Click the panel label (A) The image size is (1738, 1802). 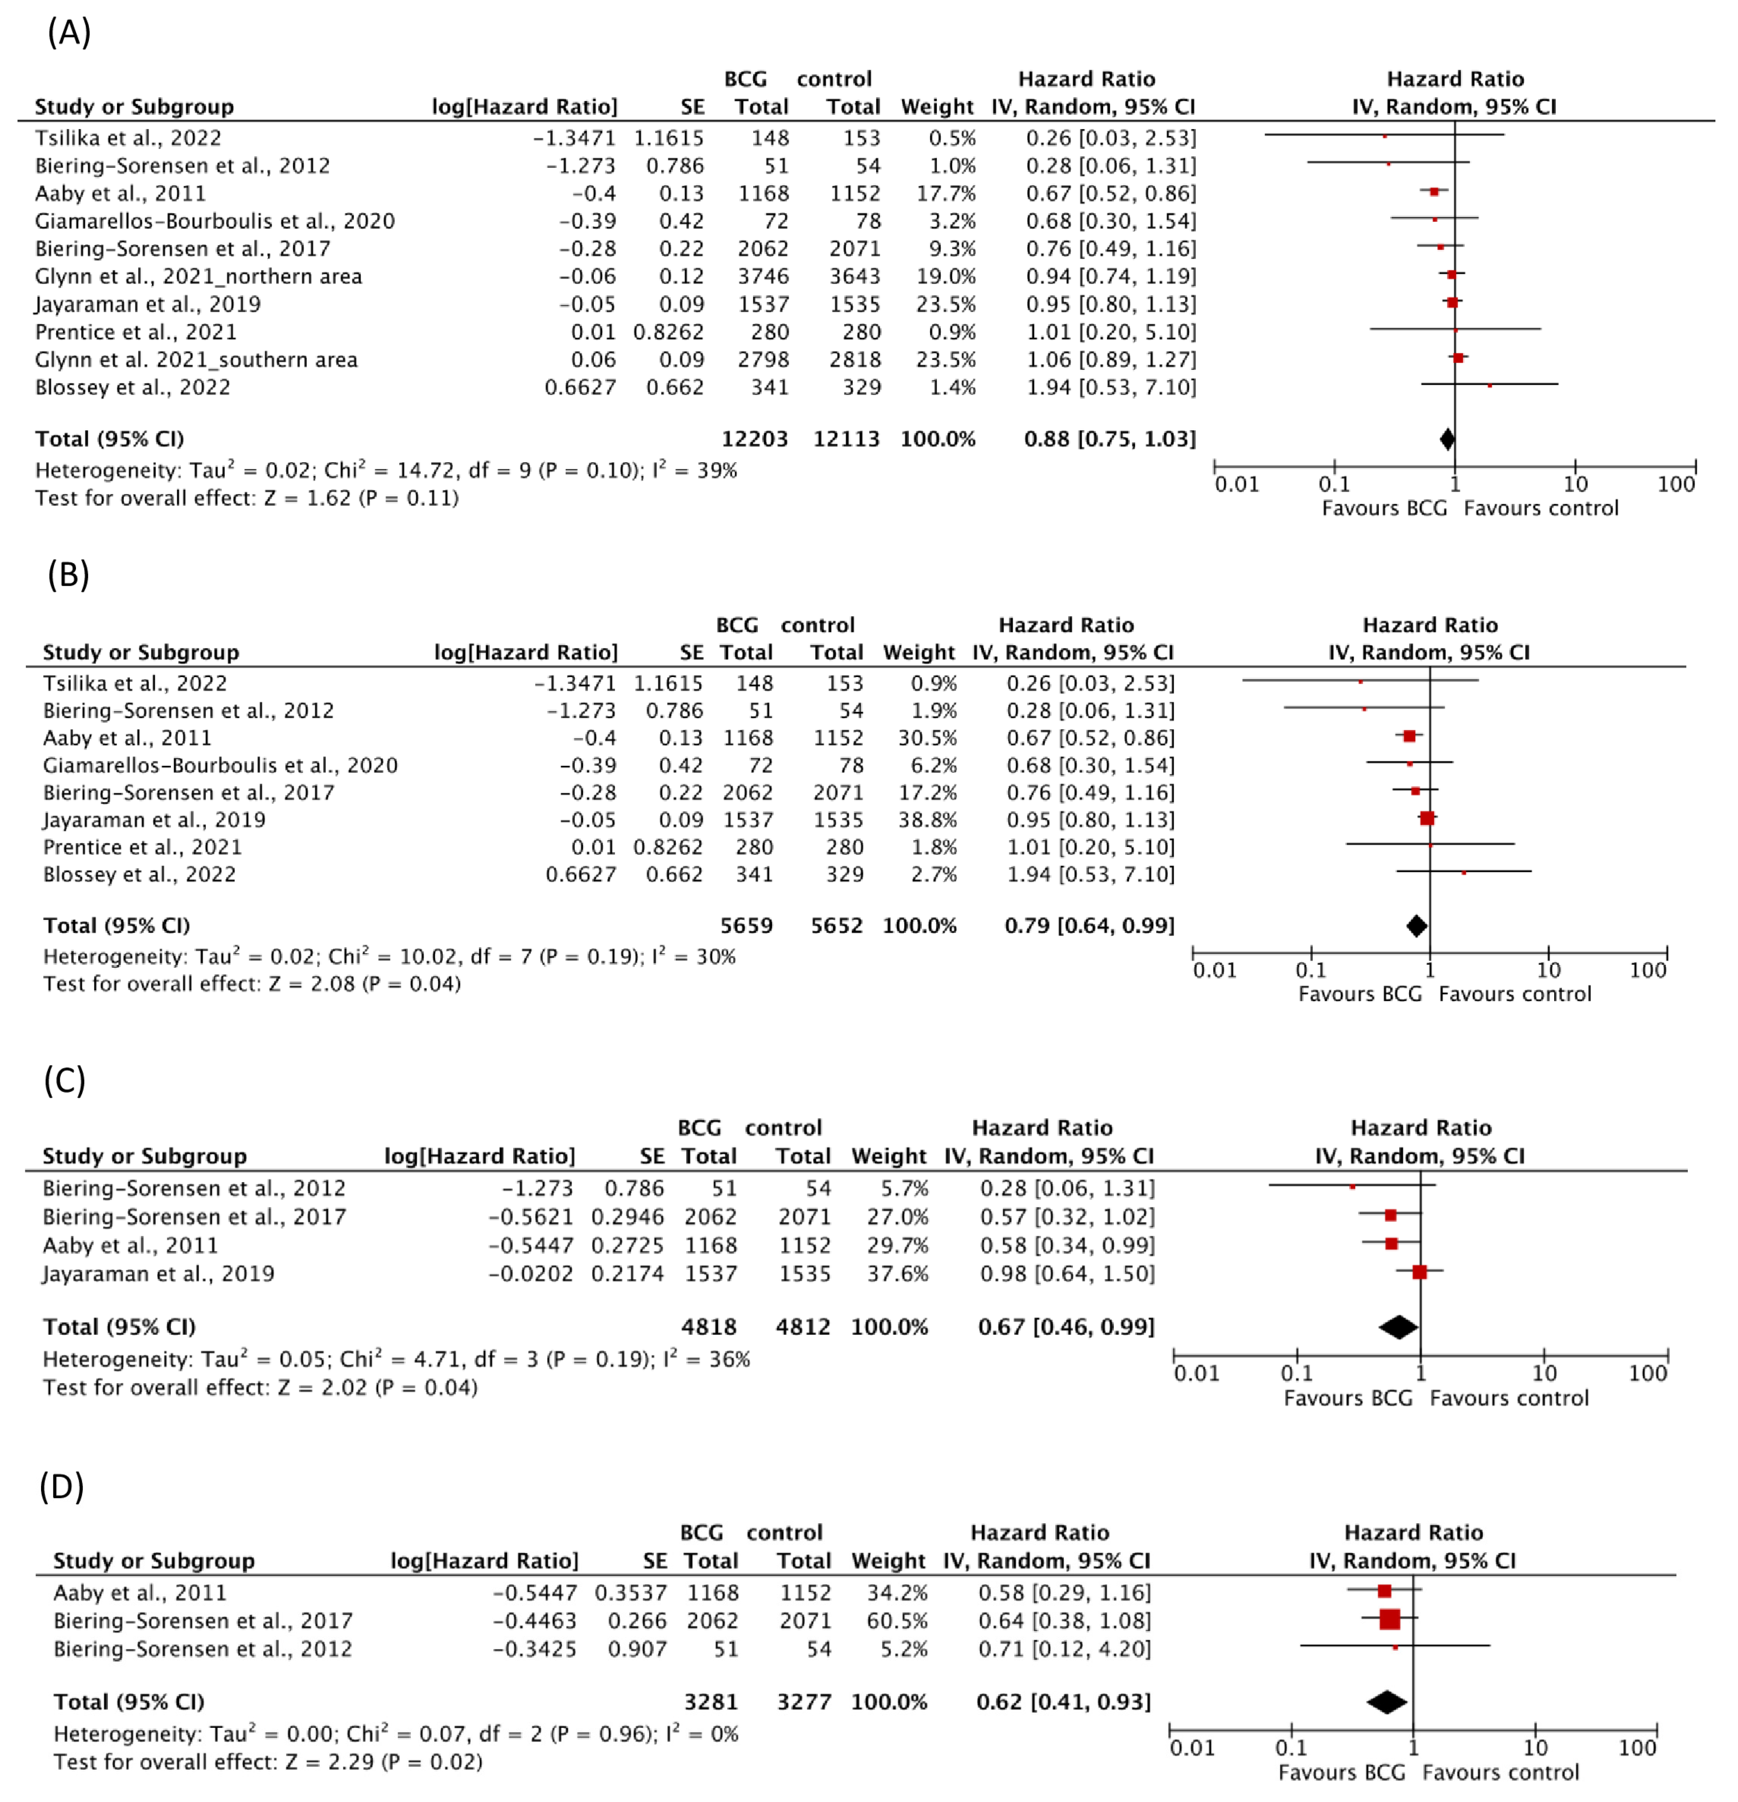(69, 33)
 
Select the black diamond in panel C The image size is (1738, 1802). (1398, 1327)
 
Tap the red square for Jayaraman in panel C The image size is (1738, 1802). (1419, 1272)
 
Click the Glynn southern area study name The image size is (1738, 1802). (196, 359)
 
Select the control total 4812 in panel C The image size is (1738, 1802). (802, 1327)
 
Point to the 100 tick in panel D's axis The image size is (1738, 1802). (1637, 1748)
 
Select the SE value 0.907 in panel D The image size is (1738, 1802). (637, 1649)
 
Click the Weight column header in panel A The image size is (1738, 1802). (936, 106)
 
